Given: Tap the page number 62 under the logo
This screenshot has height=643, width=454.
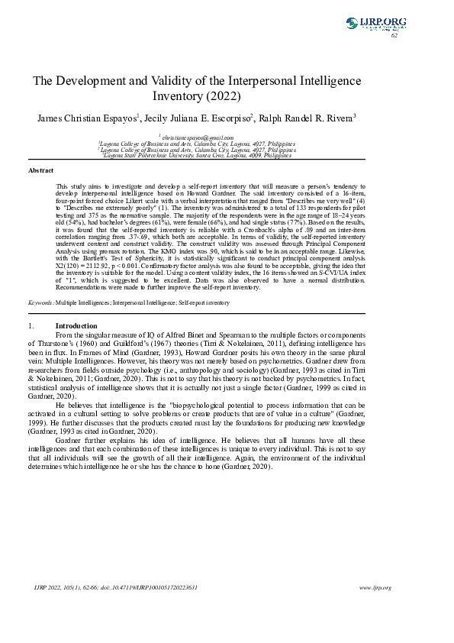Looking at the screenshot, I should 394,35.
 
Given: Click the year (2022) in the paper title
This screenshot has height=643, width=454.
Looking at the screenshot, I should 224,97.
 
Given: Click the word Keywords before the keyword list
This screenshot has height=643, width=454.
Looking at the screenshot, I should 40,302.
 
